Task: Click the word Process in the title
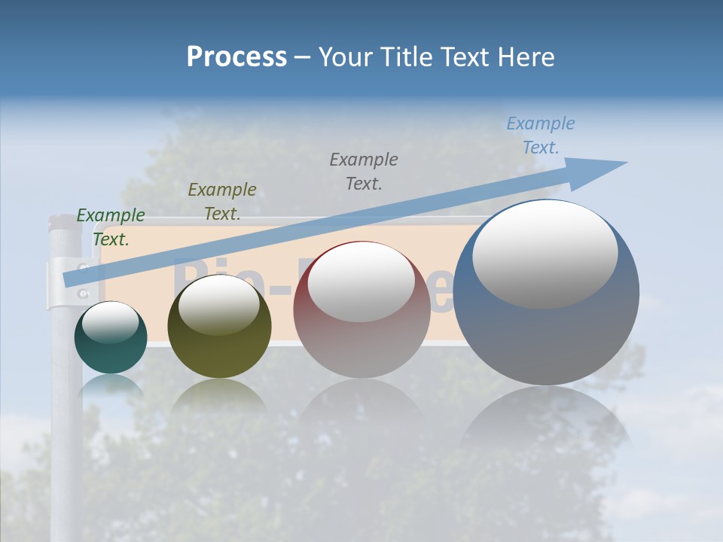tap(236, 57)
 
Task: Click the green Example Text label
tap(111, 227)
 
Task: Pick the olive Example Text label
tap(222, 202)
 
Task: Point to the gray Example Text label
tap(364, 171)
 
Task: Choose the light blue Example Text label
tap(541, 135)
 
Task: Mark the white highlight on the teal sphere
tap(110, 322)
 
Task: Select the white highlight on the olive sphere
tap(219, 304)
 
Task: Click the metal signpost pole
tap(66, 422)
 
